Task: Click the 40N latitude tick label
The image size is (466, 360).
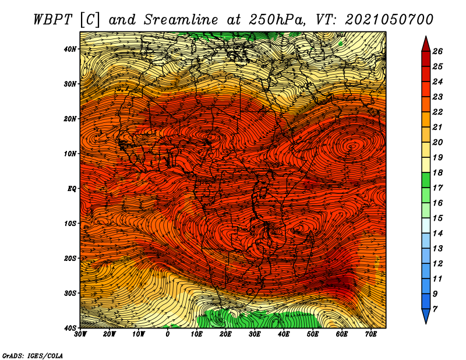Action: pos(70,49)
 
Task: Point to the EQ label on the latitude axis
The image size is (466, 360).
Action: pos(72,189)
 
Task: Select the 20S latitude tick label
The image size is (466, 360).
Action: pos(70,258)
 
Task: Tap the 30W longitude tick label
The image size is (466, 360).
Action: pos(80,334)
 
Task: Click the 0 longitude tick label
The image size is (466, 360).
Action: pos(168,334)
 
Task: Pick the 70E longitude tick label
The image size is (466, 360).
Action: pos(371,334)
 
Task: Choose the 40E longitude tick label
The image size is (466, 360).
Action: pos(284,334)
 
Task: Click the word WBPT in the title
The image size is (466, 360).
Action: pos(53,20)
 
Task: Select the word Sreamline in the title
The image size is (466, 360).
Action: pos(181,20)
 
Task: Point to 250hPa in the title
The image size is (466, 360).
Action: pos(277,20)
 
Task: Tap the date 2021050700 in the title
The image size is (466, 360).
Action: pos(389,20)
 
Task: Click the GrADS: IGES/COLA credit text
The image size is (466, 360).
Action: pos(33,355)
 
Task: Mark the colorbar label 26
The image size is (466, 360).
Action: pos(437,51)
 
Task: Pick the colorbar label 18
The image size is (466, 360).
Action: pos(437,172)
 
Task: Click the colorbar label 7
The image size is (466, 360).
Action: pos(435,309)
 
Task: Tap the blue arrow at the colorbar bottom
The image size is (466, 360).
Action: pos(426,315)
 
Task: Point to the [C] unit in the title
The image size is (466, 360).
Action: pos(89,20)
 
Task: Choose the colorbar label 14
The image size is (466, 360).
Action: pos(437,234)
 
